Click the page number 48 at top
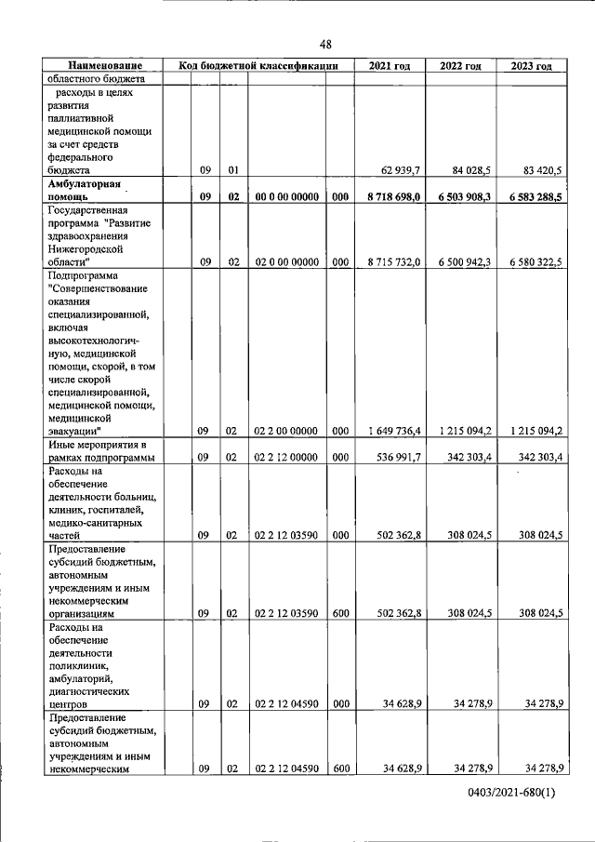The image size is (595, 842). point(325,44)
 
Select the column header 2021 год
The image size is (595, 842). point(389,67)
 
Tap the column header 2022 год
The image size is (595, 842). point(460,67)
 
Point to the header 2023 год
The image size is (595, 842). point(531,67)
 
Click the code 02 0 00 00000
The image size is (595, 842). point(287,262)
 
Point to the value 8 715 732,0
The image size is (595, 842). point(394,262)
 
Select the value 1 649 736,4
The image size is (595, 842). point(394,431)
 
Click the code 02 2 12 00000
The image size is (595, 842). point(287,458)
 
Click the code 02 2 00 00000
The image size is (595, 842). point(287,431)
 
